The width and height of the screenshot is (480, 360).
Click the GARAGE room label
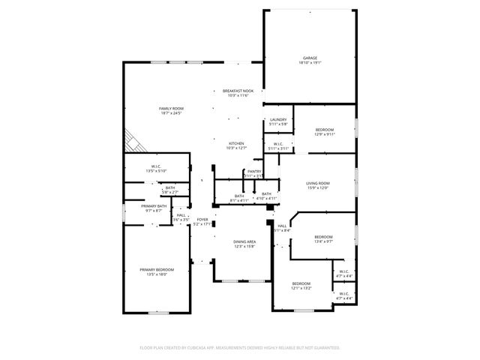(x=310, y=58)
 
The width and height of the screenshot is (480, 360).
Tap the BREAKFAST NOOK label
(x=238, y=91)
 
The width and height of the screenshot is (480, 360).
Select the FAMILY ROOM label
(x=171, y=109)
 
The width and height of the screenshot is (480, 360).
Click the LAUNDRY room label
(x=278, y=120)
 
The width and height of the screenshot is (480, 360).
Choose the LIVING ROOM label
(x=318, y=183)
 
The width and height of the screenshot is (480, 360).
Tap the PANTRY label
(x=254, y=172)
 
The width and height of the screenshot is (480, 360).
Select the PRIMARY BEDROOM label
(x=157, y=270)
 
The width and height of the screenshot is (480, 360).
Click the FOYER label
(x=202, y=219)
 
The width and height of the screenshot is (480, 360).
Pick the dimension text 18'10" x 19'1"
(x=310, y=63)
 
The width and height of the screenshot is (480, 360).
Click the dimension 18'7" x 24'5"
(x=171, y=113)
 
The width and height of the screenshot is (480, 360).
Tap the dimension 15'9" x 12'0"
(x=318, y=187)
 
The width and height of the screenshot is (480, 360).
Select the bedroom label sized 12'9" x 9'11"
(x=325, y=130)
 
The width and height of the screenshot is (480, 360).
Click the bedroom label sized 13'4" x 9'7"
(x=323, y=237)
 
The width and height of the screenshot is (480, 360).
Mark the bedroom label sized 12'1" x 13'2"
(x=302, y=283)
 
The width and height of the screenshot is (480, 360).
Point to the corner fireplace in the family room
(x=133, y=140)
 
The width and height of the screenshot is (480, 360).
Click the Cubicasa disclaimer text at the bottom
(x=240, y=348)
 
